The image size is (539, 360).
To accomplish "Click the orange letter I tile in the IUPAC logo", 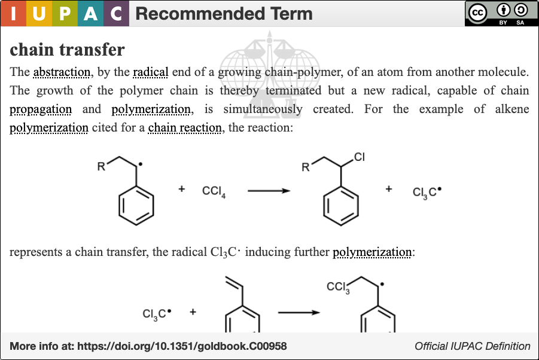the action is pos(13,13).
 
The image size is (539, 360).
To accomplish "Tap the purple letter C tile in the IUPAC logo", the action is pos(116,13).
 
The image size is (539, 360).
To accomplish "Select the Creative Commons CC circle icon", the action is pos(477,13).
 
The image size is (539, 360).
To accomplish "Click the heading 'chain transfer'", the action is pos(67,50).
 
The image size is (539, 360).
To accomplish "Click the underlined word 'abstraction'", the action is pos(62,72).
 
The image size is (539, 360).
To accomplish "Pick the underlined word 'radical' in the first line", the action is pos(151,72).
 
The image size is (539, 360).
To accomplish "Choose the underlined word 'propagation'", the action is pos(41,109).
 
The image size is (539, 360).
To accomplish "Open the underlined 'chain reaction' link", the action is pos(185,128).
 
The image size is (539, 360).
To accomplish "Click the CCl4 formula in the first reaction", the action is pos(214,191).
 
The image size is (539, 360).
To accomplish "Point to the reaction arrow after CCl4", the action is pos(269,191).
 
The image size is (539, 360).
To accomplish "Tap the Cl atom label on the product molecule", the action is pos(360,157).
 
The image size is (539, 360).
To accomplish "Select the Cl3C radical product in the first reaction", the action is pos(427,192).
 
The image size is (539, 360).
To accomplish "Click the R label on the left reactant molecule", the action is pos(101,167).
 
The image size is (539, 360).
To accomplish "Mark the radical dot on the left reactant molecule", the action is pos(140,164).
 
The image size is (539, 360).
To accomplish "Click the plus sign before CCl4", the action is pos(181,188).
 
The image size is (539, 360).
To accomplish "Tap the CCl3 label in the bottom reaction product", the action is pos(338,287).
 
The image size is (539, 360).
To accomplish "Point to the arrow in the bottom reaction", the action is pos(299,312).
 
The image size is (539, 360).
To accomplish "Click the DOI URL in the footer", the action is pos(182,346).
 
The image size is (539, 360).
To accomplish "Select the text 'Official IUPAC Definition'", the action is pos(473,346).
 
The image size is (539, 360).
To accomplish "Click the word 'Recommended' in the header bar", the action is pos(200,14).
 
